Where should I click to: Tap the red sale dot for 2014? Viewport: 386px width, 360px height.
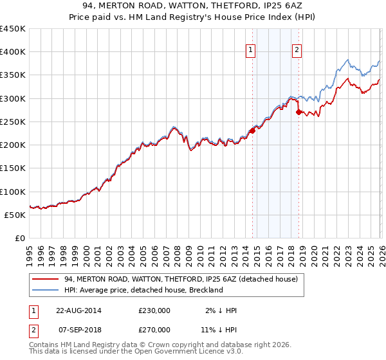pyautogui.click(x=252, y=130)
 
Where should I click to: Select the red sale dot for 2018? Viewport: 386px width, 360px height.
pyautogui.click(x=299, y=112)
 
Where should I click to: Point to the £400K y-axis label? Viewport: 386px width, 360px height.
pyautogui.click(x=12, y=52)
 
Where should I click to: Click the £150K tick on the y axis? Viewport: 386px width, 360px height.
pyautogui.click(x=12, y=168)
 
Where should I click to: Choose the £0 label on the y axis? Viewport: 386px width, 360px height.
pyautogui.click(x=19, y=238)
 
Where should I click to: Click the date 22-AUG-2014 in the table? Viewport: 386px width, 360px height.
pyautogui.click(x=78, y=310)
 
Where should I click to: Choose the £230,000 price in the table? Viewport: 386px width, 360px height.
pyautogui.click(x=154, y=310)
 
